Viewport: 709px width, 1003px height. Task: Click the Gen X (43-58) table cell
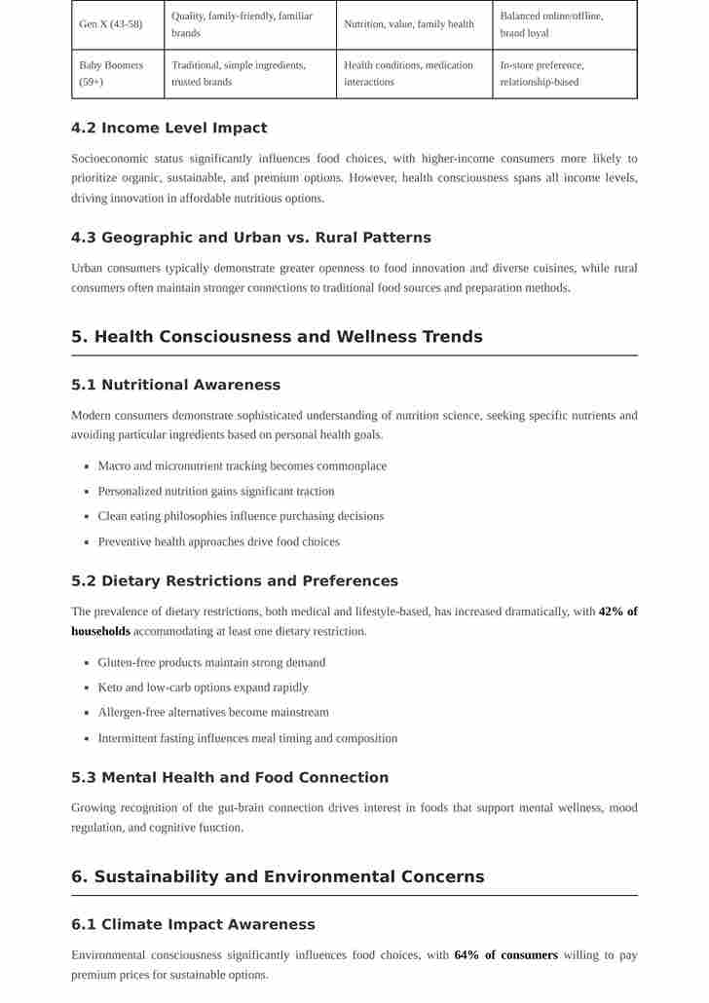(110, 24)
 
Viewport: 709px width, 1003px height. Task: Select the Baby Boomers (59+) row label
(111, 74)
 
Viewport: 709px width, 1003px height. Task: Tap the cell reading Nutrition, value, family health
(409, 24)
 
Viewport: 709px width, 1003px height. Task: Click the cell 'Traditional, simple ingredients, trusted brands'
(239, 74)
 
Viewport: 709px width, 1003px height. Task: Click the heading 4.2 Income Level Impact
(168, 128)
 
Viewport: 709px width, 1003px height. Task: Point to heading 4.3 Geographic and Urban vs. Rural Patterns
(250, 238)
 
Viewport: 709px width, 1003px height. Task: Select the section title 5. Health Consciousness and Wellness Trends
(277, 337)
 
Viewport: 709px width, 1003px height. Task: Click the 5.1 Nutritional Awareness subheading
(175, 385)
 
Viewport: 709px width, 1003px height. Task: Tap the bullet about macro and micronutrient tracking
(242, 466)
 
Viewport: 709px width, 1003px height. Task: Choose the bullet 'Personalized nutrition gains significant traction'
(215, 492)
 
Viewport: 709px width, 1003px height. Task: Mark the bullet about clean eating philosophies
(241, 516)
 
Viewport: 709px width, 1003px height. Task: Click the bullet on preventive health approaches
(218, 541)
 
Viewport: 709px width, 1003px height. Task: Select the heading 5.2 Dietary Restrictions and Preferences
(234, 581)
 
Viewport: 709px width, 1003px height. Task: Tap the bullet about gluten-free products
(211, 662)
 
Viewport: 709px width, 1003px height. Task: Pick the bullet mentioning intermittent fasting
(247, 738)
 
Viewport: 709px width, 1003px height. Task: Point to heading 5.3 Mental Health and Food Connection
(229, 777)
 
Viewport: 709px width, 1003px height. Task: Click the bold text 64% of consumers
(505, 955)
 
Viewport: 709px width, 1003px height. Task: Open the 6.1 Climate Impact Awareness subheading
(193, 924)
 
